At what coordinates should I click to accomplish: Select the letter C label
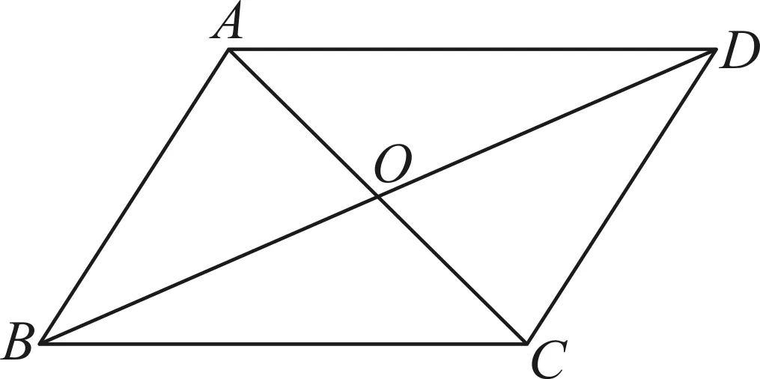[x=549, y=361]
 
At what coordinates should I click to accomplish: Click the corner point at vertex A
[x=228, y=49]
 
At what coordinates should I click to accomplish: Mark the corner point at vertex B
[x=40, y=344]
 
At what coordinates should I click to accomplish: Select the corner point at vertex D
[x=714, y=50]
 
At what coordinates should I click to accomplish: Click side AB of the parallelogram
[x=134, y=196]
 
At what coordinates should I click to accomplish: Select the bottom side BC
[x=282, y=344]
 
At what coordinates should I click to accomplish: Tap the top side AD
[x=471, y=49]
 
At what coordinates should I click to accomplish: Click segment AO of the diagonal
[x=303, y=123]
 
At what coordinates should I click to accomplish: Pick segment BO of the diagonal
[x=208, y=270]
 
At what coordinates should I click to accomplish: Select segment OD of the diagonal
[x=545, y=124]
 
